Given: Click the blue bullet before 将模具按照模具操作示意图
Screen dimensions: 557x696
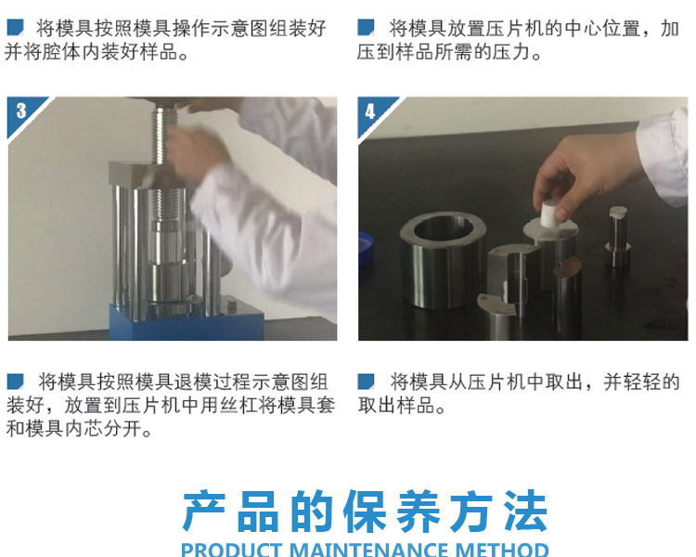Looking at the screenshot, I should click(15, 28).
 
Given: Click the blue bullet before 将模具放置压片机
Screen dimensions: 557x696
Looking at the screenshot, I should click(367, 28).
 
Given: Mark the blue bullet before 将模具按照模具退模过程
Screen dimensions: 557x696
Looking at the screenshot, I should click(15, 382).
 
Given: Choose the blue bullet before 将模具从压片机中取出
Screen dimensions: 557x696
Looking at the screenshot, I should click(367, 382).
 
